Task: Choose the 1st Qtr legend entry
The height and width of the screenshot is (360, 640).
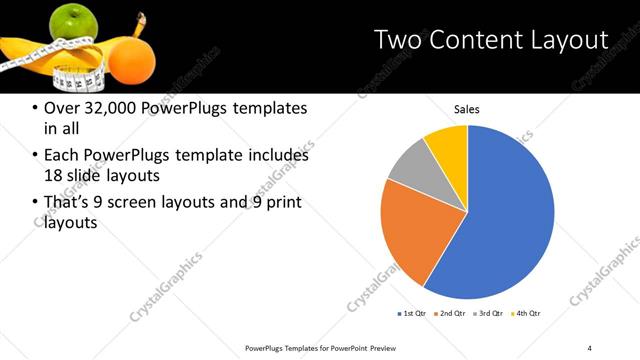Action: (x=413, y=314)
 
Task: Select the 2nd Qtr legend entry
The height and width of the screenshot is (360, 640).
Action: (x=452, y=314)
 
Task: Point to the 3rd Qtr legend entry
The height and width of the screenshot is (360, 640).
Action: (x=490, y=314)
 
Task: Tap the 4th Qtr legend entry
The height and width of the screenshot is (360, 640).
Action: (x=528, y=314)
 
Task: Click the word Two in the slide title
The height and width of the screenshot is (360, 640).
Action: (x=400, y=40)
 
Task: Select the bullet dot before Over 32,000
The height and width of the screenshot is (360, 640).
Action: (x=37, y=108)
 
